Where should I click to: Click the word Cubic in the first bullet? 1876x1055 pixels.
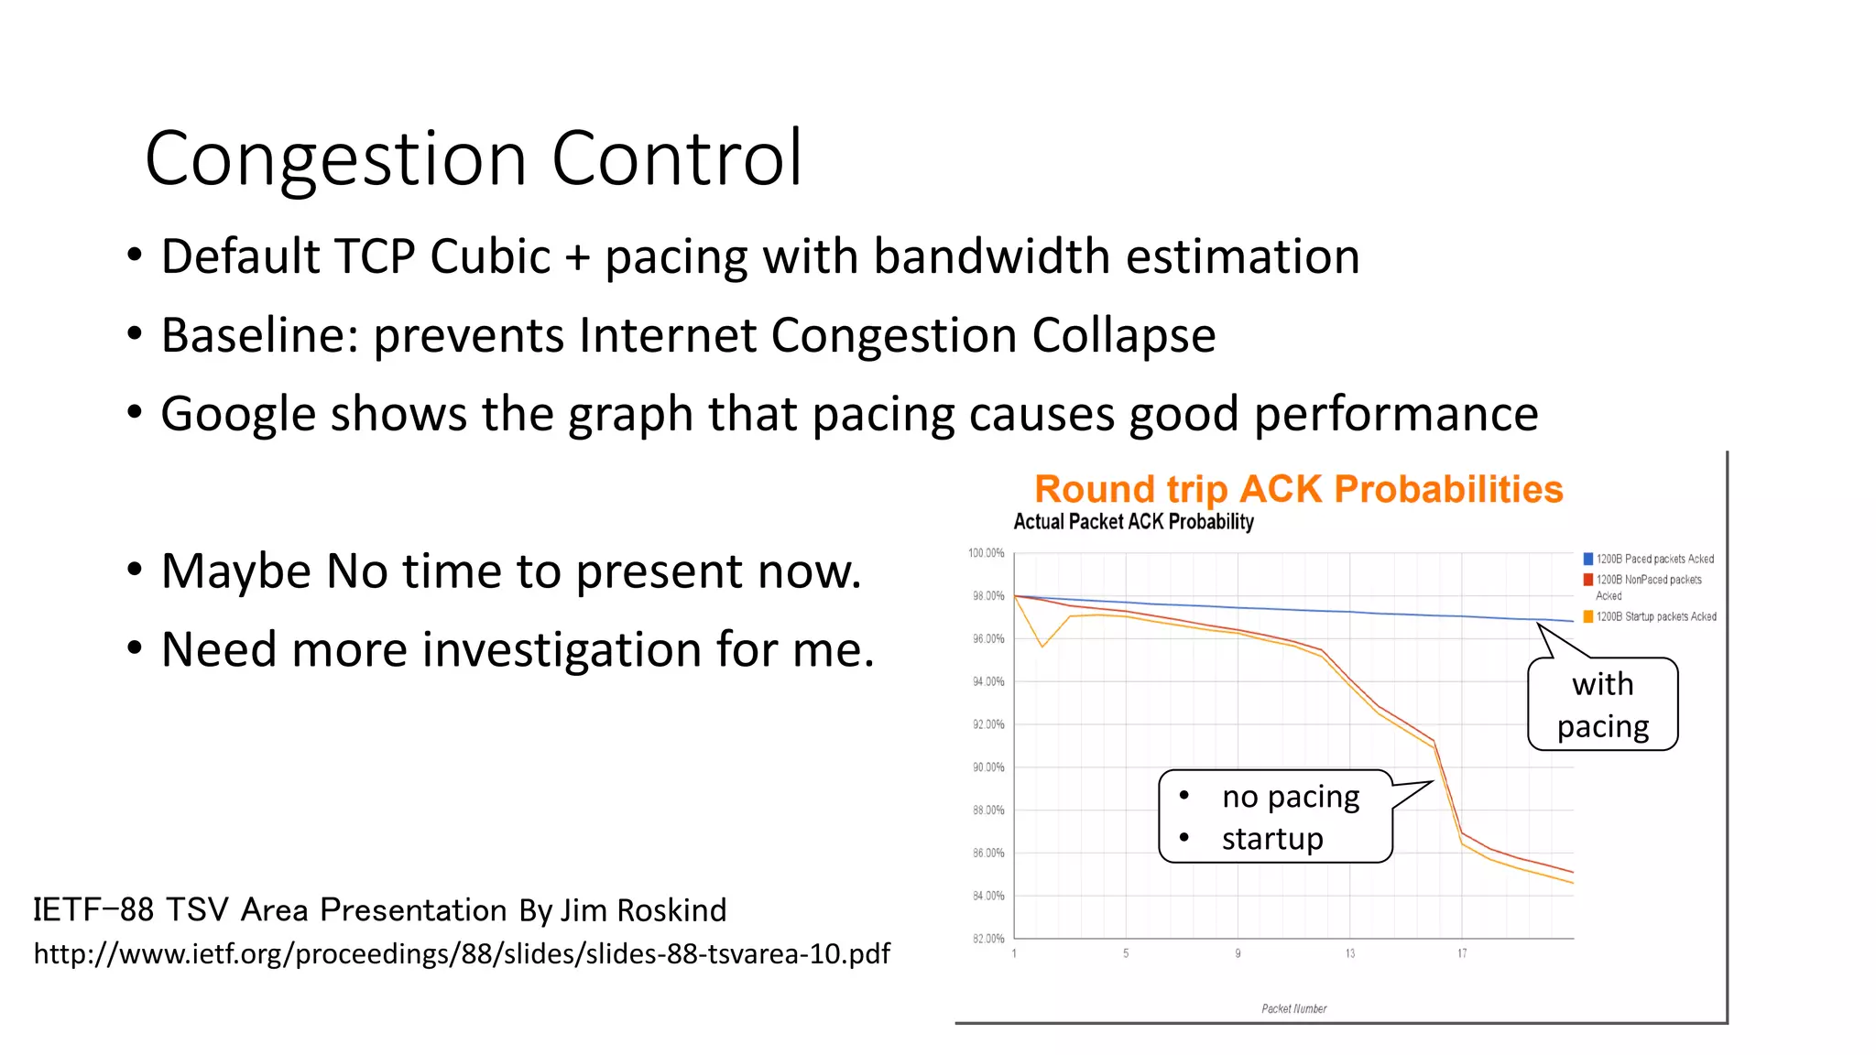489,256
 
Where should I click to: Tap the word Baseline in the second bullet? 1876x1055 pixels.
259,335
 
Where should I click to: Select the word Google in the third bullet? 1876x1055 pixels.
237,414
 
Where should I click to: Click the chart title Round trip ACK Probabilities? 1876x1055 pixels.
1298,489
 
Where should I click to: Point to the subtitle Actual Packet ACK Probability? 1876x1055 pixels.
1133,522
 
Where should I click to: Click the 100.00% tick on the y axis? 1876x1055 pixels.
987,553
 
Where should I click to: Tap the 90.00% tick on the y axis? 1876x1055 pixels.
988,767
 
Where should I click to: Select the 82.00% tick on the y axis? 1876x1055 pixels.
988,939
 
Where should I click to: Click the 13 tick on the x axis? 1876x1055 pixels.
1349,954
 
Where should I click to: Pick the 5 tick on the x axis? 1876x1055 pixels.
1126,954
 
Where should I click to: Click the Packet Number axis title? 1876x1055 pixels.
1293,1008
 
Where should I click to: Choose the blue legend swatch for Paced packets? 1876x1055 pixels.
1587,559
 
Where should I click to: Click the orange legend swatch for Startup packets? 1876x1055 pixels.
1587,616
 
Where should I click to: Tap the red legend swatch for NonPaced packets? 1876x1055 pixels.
1587,580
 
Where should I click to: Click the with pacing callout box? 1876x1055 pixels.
1602,705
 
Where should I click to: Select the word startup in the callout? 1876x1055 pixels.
1271,839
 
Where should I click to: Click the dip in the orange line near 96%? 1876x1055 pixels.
1042,647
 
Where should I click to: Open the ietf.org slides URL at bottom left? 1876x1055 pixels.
462,954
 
